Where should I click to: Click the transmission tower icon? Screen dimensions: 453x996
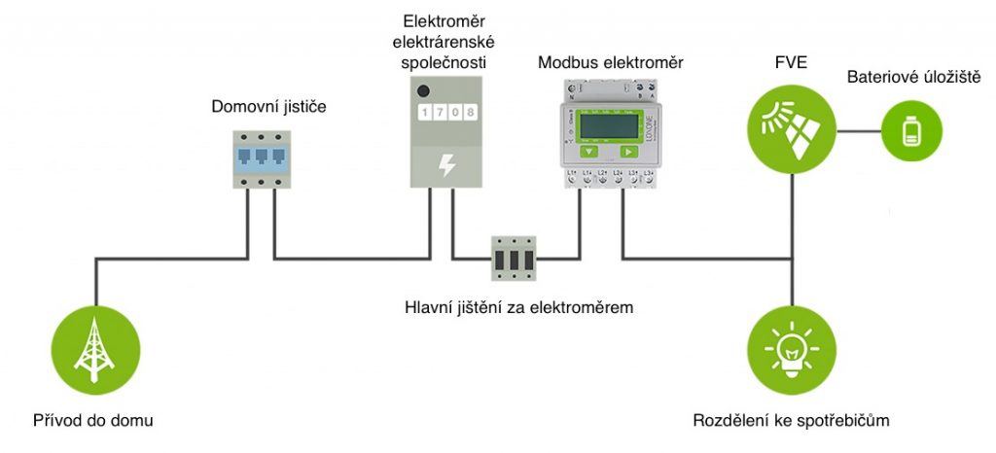click(x=94, y=344)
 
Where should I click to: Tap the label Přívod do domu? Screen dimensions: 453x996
click(x=94, y=421)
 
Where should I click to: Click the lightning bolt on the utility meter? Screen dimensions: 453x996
click(x=445, y=164)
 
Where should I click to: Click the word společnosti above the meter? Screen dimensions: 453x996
click(x=445, y=63)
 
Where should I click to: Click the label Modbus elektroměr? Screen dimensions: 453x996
click(x=610, y=63)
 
